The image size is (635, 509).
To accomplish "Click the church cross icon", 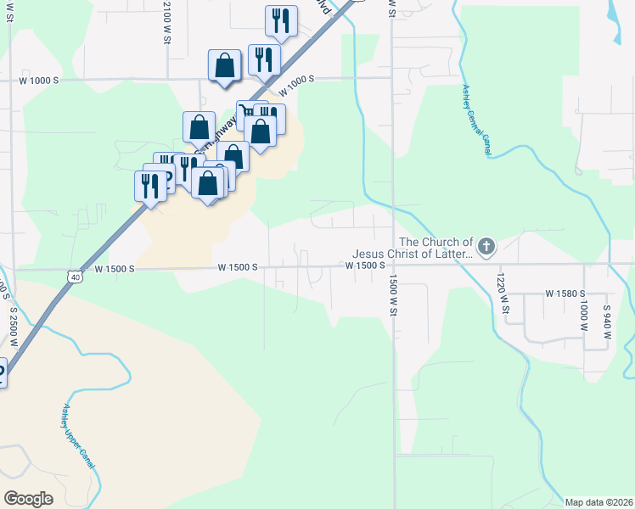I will point(486,248).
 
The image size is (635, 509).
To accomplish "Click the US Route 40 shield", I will point(76,277).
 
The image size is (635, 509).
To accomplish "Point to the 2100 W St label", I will point(167,23).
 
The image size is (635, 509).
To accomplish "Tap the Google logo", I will point(28,499).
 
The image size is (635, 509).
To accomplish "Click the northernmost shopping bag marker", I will point(224,65).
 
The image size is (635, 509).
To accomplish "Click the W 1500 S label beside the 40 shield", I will point(116,269).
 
